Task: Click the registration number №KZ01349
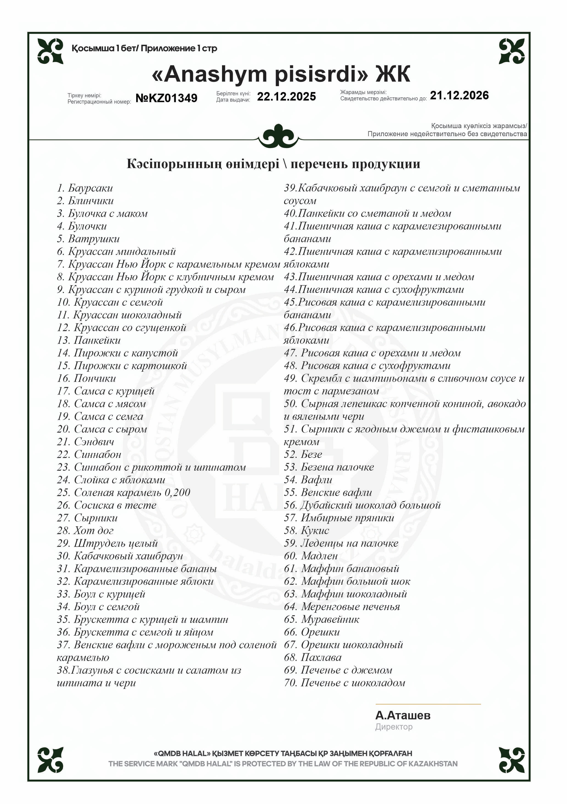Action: [166, 98]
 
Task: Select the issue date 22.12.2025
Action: [286, 97]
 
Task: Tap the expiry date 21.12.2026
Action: [459, 95]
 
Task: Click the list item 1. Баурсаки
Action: [85, 188]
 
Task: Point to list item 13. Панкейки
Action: [89, 340]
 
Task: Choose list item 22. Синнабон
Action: [89, 455]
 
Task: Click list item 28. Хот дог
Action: [85, 530]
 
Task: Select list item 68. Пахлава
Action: [313, 657]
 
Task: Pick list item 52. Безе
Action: [303, 455]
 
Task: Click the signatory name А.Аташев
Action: [403, 715]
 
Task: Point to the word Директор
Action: [394, 727]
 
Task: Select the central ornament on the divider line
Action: [278, 136]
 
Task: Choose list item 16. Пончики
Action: [86, 378]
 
